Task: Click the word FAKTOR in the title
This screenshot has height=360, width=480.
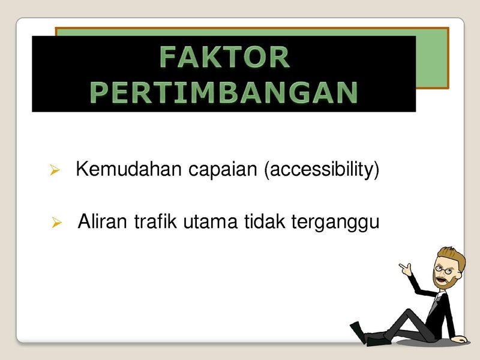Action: pos(224,57)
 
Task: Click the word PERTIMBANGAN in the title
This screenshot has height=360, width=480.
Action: pos(224,92)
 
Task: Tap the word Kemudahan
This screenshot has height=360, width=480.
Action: pos(128,169)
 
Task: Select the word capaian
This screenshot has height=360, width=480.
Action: pos(223,170)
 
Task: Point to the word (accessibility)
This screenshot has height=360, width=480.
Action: pos(322,170)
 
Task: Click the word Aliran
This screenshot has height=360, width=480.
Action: pos(102,221)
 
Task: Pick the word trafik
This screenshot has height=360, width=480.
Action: pos(155,221)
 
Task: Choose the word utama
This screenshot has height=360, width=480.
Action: pos(211,222)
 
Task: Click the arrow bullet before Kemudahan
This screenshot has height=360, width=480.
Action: pos(55,170)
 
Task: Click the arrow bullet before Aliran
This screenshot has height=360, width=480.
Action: pos(57,223)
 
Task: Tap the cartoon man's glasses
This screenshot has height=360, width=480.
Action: pos(443,269)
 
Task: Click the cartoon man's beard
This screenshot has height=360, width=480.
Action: pos(443,281)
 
